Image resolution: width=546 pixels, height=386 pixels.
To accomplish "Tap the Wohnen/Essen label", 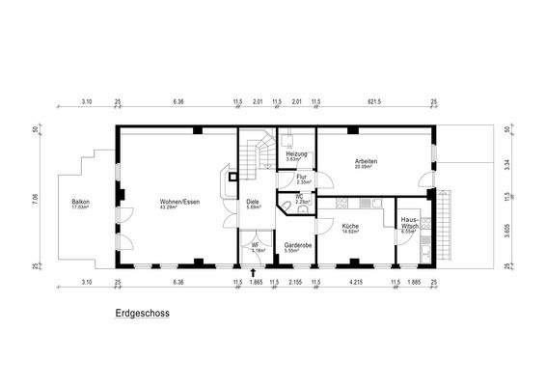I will coord(178,201).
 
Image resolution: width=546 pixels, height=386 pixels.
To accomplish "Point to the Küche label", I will coord(350,226).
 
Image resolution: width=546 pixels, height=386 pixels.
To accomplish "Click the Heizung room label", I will coord(297,154).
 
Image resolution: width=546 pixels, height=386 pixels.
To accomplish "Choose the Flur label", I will coord(302,177).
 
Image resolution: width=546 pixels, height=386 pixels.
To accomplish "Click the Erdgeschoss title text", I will coord(142,315).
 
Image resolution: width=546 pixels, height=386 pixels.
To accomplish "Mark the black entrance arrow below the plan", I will coord(254,273).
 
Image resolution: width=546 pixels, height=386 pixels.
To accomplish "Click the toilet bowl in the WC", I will coord(286,205).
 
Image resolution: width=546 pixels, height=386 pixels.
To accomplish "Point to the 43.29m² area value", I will coord(178,207).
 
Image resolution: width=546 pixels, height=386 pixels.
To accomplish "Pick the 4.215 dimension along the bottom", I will coord(354,283).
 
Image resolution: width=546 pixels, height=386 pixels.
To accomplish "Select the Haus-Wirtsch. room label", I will coord(409,223).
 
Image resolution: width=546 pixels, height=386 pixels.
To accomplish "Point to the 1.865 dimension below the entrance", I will coord(256,283).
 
